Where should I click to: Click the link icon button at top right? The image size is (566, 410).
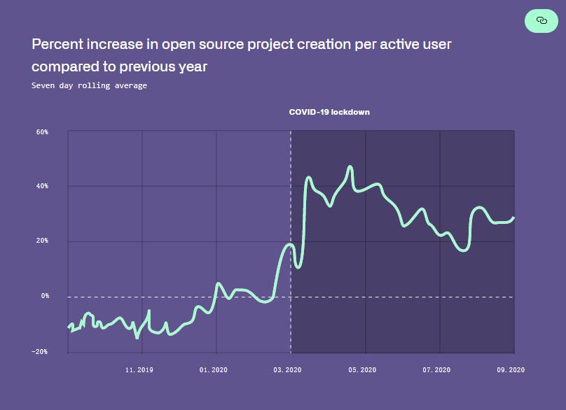541,21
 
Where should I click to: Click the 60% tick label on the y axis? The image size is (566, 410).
43,132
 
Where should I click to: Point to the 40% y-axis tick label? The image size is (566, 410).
43,186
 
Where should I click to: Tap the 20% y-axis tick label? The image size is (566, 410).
43,241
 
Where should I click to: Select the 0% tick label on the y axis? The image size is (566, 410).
45,296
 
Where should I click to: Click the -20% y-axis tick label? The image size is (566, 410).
41,351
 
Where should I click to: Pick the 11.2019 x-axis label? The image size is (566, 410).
139,369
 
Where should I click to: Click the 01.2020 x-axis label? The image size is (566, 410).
214,369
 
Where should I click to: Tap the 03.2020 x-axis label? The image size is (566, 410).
288,369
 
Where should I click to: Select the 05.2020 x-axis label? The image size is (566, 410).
362,369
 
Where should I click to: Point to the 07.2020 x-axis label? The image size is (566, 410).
436,369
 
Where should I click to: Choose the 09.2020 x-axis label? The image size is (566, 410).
511,369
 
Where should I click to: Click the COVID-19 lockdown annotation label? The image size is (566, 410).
329,112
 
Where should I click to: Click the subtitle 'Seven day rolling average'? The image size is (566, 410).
89,85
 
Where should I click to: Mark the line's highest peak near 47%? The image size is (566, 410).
350,167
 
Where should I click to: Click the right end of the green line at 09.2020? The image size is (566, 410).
513,218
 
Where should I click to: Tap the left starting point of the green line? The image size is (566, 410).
69,327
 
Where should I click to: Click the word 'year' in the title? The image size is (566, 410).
193,66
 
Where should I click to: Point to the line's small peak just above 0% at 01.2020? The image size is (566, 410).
219,283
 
